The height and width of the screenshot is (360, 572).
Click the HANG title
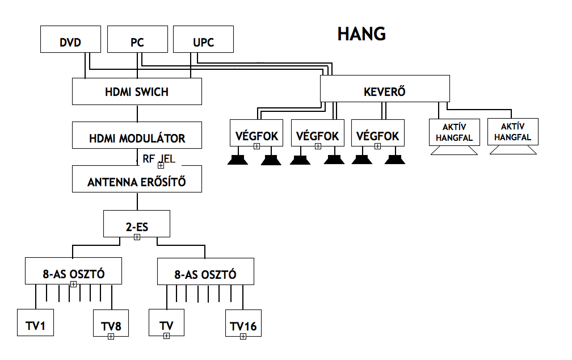(361, 34)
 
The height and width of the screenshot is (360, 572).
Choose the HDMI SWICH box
(137, 91)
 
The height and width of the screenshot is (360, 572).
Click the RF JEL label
(158, 159)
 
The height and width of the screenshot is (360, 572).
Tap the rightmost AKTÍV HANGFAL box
(512, 132)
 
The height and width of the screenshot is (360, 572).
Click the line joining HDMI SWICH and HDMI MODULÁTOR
(137, 113)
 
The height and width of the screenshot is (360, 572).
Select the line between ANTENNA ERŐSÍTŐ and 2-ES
(137, 201)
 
